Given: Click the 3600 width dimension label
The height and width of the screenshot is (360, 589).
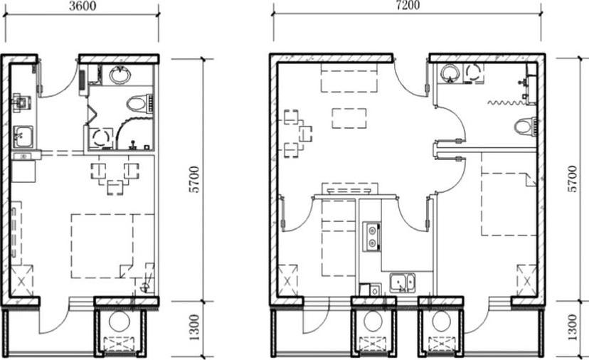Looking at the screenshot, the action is point(83,6).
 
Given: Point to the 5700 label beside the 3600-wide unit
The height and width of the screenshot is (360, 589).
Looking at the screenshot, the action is point(194,179).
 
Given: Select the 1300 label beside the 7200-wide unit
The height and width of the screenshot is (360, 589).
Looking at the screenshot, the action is point(572,327).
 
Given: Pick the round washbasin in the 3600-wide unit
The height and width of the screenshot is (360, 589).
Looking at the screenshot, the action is point(120,75).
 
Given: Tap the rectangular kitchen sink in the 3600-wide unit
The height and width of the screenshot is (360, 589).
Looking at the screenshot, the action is point(23,137).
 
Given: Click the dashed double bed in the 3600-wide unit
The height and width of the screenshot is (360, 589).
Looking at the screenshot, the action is point(112,246).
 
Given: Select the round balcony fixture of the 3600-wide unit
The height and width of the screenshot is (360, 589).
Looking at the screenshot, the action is point(119,322).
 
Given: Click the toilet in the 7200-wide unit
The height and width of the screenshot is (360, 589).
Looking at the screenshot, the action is point(525,126).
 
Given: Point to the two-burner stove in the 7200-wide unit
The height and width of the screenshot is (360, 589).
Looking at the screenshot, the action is point(372,237).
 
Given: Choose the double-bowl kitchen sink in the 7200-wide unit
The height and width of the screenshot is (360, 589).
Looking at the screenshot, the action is point(403,282).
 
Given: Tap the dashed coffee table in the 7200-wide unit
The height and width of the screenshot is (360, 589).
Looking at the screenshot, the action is point(349,118).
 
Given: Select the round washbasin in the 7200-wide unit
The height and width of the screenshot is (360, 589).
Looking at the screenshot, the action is point(450,74).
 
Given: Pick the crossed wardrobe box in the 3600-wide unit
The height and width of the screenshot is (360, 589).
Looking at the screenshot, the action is point(21,280).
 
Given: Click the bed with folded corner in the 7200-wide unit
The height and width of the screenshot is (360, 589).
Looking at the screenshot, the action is point(509,203).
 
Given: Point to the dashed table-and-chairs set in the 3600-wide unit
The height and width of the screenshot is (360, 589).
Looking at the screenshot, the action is point(115,178).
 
